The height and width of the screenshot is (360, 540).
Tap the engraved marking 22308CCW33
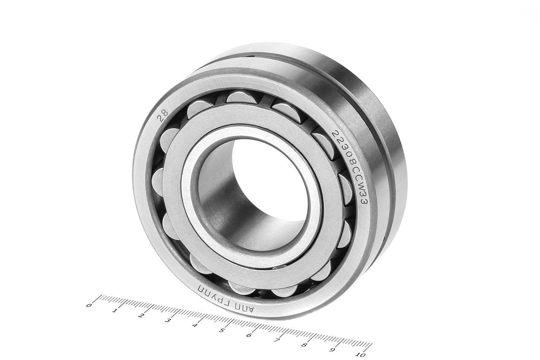350,167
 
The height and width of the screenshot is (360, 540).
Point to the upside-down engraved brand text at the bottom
225,298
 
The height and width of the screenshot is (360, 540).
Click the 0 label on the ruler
89,306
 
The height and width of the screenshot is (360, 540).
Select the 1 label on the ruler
115,311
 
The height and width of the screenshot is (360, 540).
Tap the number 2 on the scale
142,316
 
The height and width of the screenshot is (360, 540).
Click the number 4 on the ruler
195,325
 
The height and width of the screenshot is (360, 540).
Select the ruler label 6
249,336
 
